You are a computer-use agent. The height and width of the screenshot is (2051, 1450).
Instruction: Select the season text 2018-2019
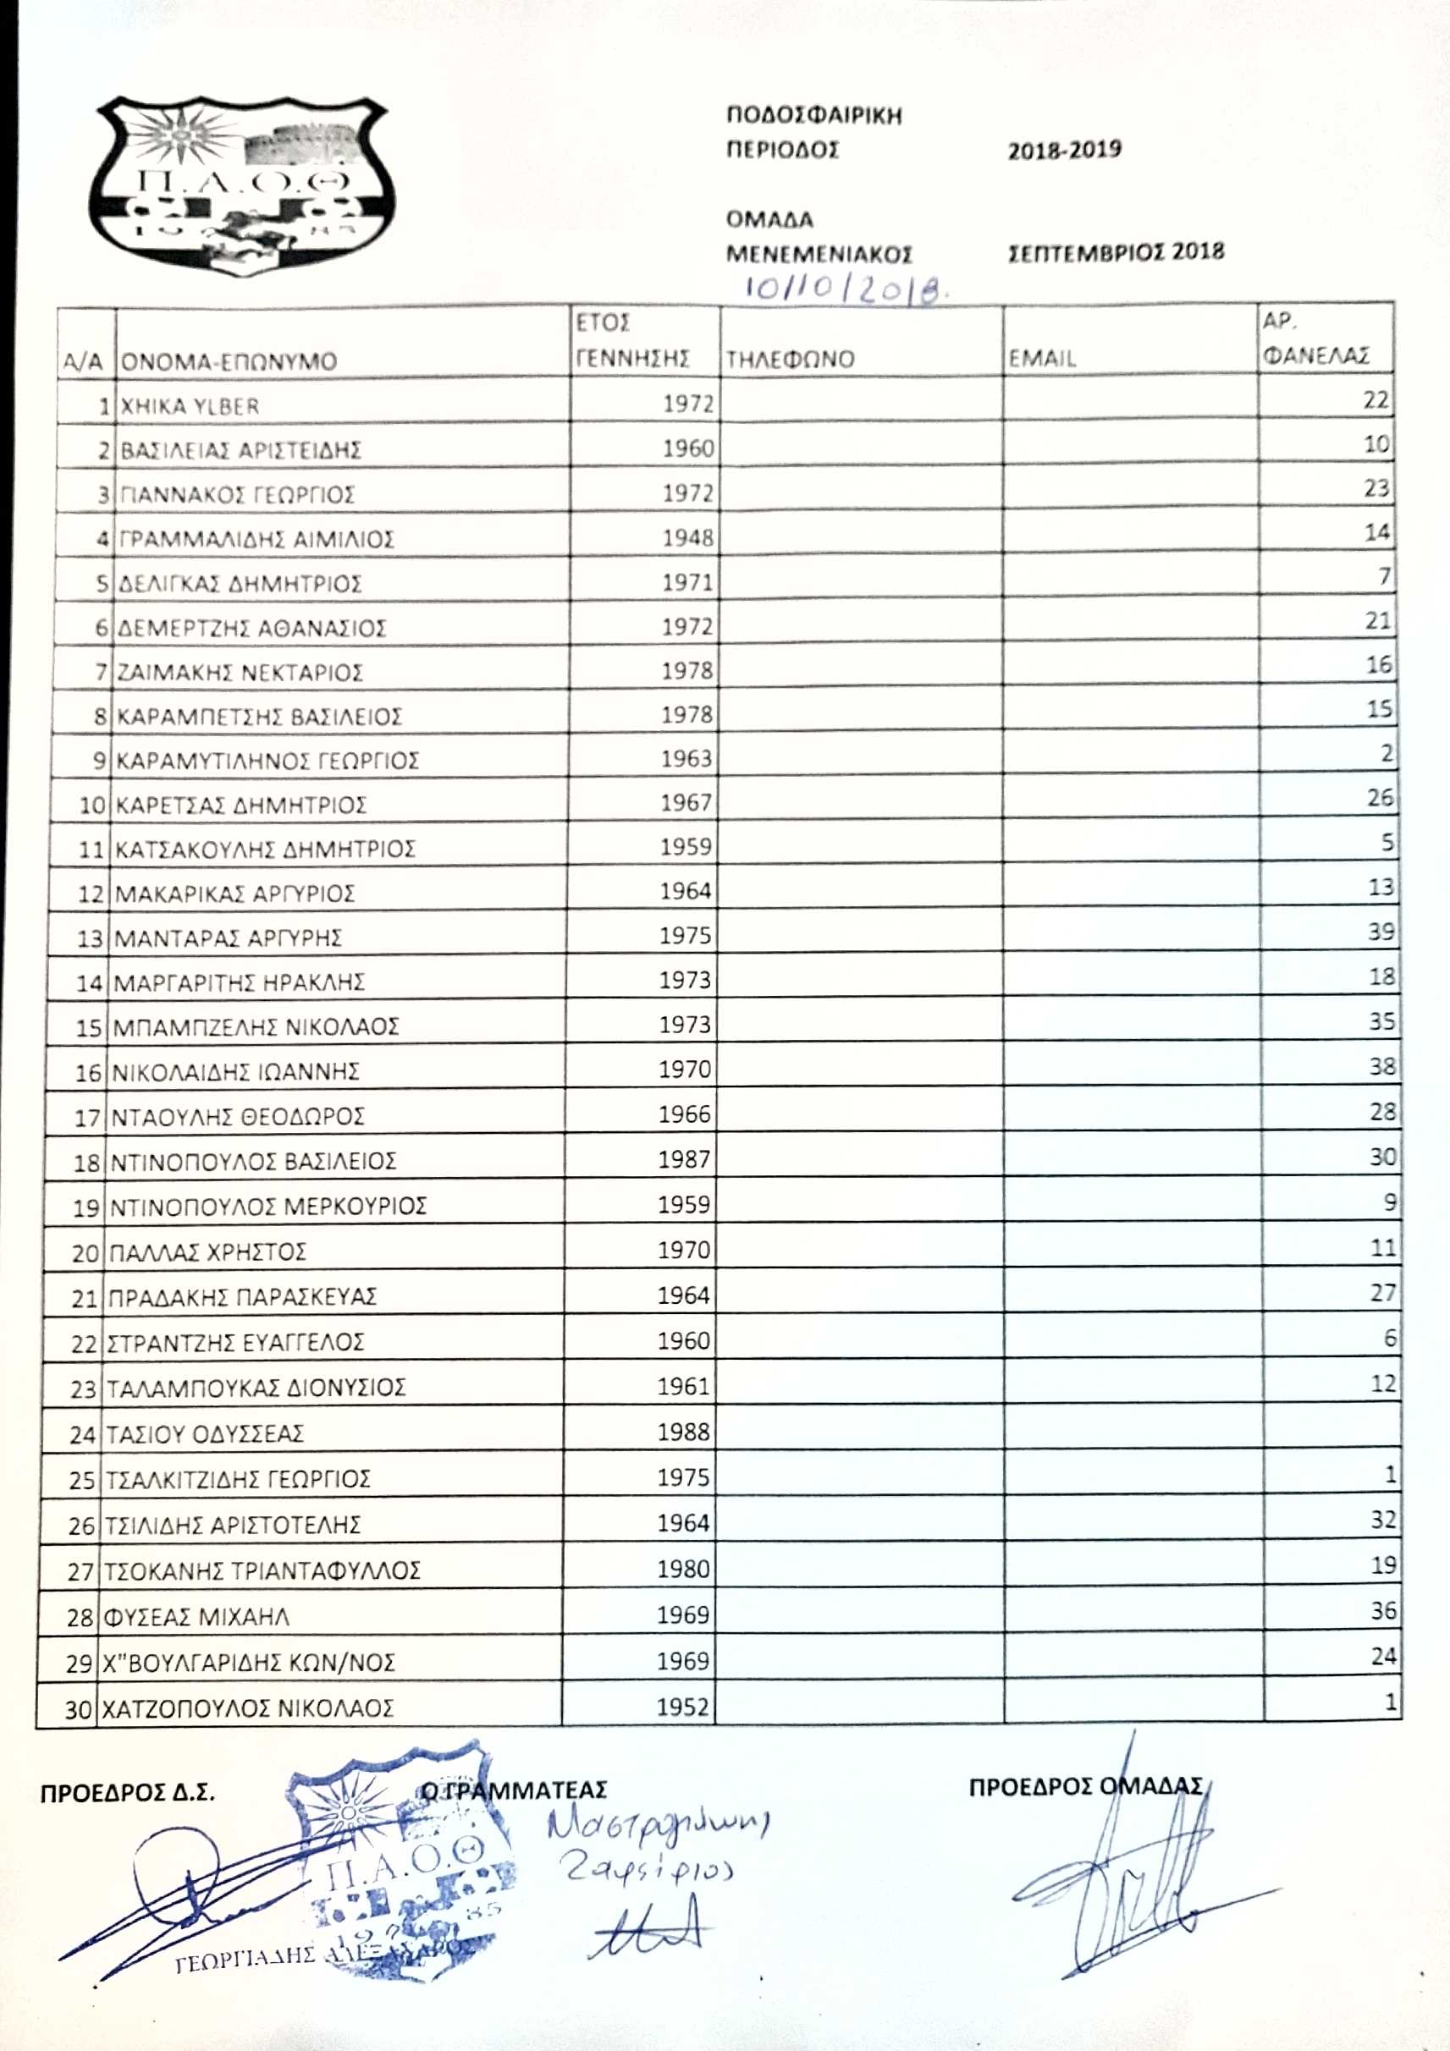(x=1064, y=149)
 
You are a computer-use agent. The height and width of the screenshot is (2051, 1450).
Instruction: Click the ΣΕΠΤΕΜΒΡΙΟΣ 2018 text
(x=1116, y=252)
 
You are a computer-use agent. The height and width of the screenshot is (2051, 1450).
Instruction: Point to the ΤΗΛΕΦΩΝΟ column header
(x=790, y=359)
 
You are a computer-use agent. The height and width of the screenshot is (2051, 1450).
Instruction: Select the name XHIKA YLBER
(x=190, y=406)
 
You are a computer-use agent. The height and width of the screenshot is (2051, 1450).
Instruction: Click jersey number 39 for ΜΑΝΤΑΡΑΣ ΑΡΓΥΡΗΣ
(x=1381, y=932)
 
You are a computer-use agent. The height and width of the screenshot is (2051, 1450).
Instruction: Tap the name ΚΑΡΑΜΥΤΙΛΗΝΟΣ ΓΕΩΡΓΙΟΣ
(x=268, y=761)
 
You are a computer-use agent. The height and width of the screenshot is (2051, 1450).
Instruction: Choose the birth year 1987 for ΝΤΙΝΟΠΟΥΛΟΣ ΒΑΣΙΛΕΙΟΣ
(x=684, y=1159)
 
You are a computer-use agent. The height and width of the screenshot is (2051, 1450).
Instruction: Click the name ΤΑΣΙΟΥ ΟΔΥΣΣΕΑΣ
(x=206, y=1433)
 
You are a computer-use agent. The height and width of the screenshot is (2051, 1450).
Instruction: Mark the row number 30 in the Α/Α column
(x=78, y=1710)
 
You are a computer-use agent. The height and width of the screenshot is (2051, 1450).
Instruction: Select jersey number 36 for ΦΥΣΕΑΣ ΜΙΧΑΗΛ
(x=1383, y=1609)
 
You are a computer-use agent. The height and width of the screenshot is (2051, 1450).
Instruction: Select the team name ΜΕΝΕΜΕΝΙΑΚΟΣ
(x=819, y=254)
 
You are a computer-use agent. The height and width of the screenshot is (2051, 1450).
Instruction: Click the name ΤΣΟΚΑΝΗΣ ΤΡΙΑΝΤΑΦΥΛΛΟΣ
(x=262, y=1570)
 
